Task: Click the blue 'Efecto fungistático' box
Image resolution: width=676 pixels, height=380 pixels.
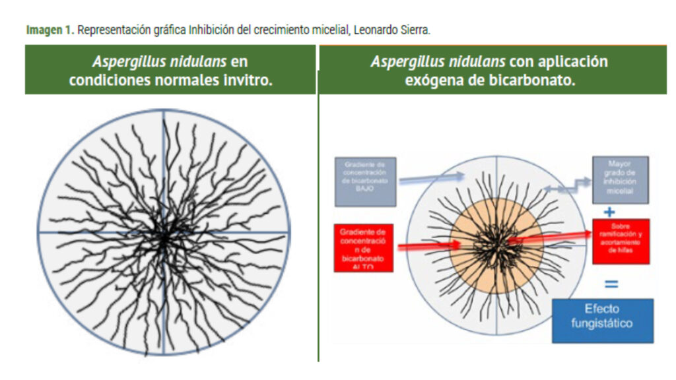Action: coord(602,320)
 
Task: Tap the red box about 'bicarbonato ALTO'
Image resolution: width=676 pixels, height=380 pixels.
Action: coord(363,248)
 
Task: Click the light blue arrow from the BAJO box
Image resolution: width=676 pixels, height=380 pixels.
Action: coord(429,177)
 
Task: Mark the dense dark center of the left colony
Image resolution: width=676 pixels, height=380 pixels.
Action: coord(162,236)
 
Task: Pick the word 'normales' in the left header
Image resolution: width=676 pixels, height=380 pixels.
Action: coord(175,80)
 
